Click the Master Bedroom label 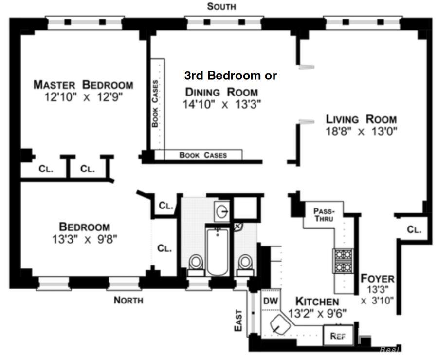[83, 84]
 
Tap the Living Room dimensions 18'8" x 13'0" [362, 131]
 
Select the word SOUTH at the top [221, 6]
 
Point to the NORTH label [128, 300]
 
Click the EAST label [238, 320]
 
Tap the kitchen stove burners [343, 261]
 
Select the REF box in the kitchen [338, 336]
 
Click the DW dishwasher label [270, 301]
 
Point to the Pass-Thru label [324, 215]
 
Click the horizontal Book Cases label [203, 155]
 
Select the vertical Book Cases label [155, 103]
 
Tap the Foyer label [377, 279]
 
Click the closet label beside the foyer [414, 229]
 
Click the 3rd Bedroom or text [231, 76]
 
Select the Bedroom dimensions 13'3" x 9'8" [85, 239]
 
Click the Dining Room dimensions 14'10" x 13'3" [222, 104]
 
